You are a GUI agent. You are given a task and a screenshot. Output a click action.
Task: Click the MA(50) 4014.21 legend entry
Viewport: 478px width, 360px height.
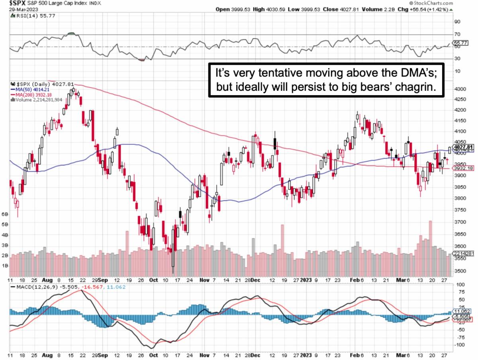(x=28, y=90)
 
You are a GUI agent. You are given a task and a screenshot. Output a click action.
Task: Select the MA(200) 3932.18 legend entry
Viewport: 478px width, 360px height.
(x=29, y=95)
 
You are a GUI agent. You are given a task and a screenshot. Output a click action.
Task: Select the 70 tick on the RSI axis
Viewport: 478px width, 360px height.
(x=457, y=35)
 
